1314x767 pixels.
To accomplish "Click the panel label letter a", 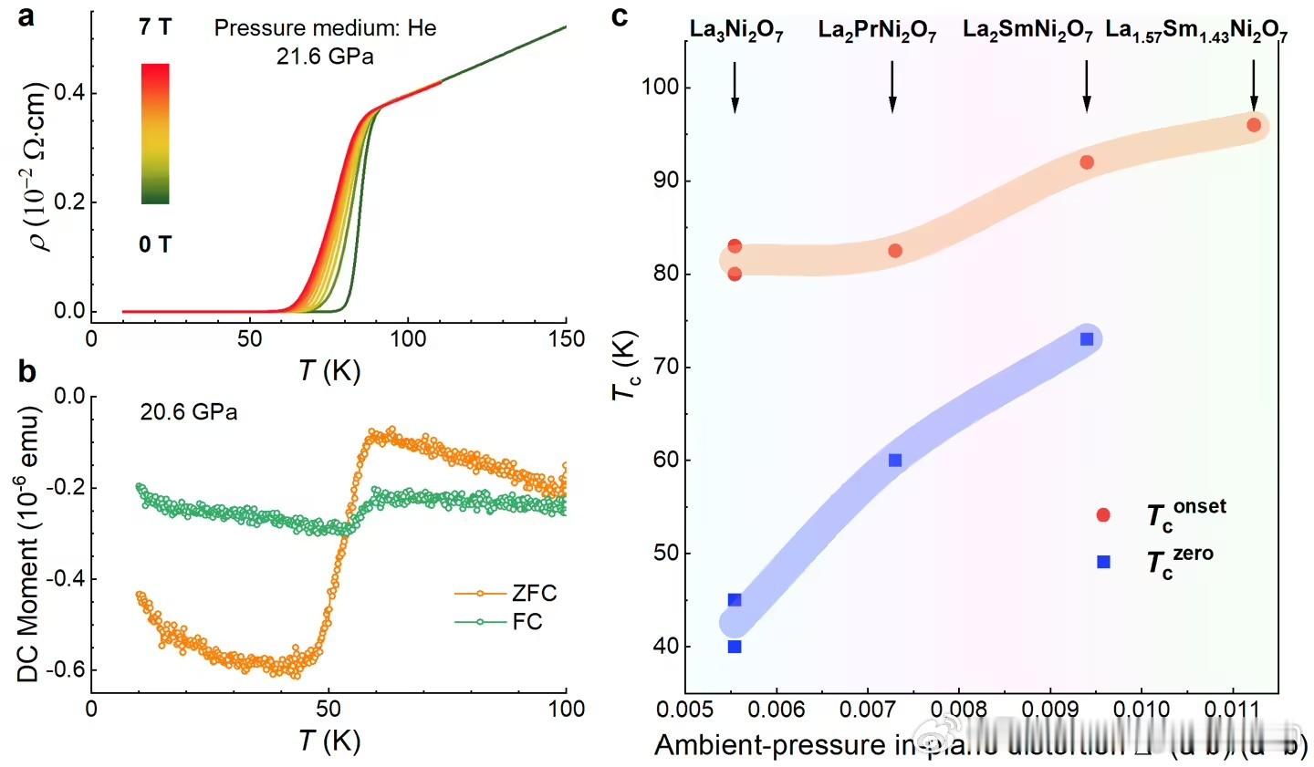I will coord(26,16).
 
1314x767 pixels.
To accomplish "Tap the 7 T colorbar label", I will coord(154,27).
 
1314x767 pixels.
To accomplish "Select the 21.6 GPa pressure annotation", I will coord(325,57).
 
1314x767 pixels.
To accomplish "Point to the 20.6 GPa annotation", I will coord(189,412).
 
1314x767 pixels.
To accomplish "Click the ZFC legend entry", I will coord(534,594).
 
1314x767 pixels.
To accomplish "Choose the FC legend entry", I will coord(527,622).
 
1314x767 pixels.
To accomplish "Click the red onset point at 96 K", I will coord(1254,125).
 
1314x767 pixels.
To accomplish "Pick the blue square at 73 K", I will coord(1087,339).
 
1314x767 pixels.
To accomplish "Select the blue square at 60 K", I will coord(895,461).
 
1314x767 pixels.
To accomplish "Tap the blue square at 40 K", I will coord(735,647).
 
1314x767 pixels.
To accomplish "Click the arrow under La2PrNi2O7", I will coord(892,88).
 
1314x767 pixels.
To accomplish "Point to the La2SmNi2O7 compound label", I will coord(1027,31).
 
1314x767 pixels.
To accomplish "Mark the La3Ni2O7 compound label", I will coord(735,31).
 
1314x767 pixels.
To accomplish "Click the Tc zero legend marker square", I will coord(1103,562).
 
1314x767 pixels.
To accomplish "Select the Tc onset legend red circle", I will coord(1103,515).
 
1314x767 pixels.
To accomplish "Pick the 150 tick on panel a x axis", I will coord(567,338).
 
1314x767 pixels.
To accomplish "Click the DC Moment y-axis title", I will coord(29,544).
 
